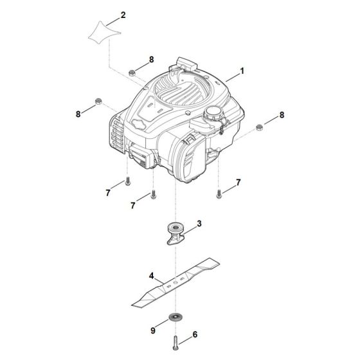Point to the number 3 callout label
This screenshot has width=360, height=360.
coord(199,224)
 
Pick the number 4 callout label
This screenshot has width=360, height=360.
coord(132,276)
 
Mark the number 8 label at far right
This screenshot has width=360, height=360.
coord(281,114)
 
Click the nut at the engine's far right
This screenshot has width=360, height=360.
coord(258,126)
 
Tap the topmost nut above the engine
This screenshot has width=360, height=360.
coord(131,71)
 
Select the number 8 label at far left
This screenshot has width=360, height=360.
coord(78,114)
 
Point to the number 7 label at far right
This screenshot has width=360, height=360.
coord(239,183)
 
